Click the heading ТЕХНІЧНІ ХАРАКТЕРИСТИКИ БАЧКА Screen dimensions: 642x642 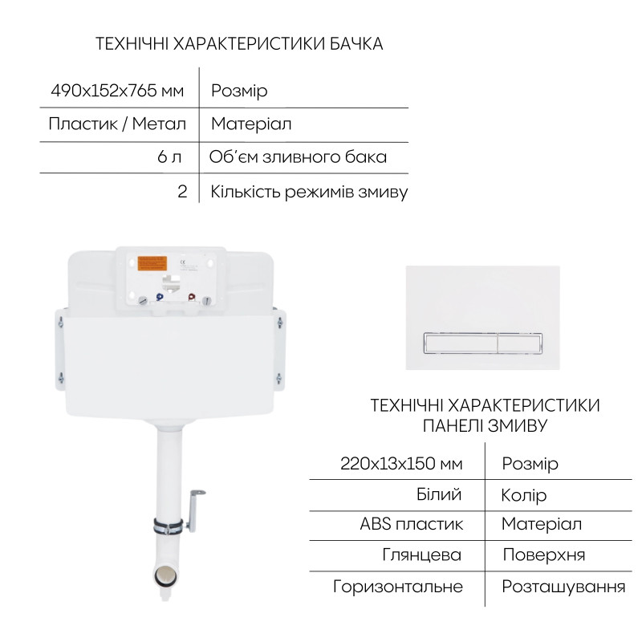239,43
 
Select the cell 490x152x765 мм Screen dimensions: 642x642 117,91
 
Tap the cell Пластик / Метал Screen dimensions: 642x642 117,124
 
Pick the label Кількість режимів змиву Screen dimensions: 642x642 309,192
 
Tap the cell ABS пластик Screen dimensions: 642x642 412,525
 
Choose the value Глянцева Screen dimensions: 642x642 423,555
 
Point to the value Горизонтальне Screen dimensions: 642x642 398,587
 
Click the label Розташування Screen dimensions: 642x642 563,587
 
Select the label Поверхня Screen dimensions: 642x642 543,555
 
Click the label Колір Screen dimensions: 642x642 524,495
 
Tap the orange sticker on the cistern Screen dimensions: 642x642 152,264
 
